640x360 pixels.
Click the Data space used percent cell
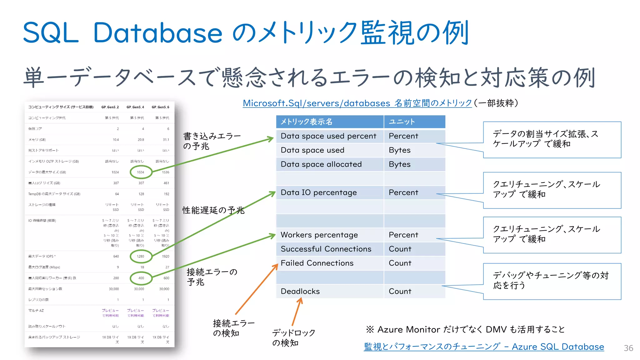[328, 136]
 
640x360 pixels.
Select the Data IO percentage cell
[318, 192]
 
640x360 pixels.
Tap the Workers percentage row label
[319, 235]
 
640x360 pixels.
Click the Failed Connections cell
[317, 263]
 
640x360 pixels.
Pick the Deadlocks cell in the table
[300, 291]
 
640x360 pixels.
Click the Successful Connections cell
[326, 249]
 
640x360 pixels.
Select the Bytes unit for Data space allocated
[400, 164]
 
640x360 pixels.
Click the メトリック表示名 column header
[306, 122]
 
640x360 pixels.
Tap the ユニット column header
[402, 122]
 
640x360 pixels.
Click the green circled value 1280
[141, 256]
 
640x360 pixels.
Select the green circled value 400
[141, 278]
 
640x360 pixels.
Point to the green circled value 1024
[141, 172]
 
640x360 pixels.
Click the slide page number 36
[628, 348]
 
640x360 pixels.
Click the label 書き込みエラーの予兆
[212, 141]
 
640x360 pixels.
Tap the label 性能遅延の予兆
[213, 210]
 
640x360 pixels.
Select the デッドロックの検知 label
[293, 338]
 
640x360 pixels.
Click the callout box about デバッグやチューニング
[552, 281]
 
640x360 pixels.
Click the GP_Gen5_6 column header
[160, 107]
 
